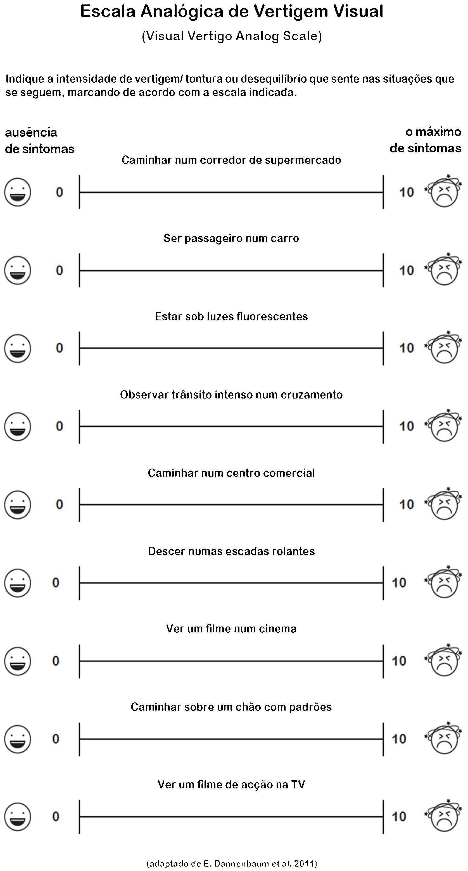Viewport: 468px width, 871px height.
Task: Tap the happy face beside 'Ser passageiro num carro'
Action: point(18,270)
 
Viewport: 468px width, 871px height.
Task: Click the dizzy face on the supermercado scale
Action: point(444,191)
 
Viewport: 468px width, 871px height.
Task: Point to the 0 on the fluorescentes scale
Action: point(59,348)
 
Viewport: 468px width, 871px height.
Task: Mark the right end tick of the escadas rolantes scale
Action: point(383,583)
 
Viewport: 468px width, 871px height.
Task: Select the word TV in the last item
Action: point(298,785)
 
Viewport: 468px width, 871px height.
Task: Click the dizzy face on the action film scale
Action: point(444,816)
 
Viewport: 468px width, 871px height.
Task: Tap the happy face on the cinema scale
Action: point(18,661)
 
